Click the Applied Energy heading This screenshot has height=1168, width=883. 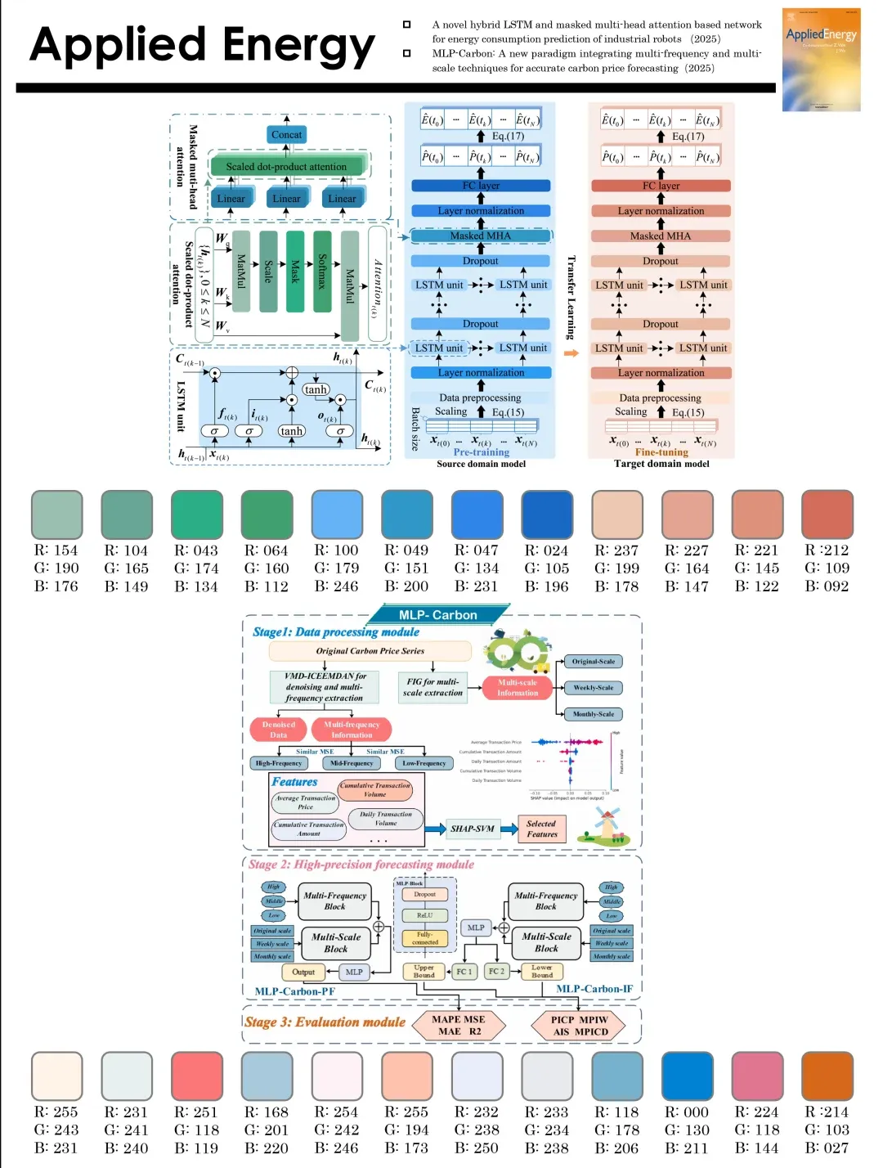coord(202,45)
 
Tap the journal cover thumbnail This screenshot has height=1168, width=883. coord(821,60)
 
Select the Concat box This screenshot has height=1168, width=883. coord(286,134)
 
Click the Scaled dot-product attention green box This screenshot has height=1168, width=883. coord(286,166)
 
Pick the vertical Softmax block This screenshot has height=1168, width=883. coord(322,271)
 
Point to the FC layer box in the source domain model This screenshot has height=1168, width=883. coord(481,186)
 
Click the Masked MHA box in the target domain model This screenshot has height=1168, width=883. coord(661,236)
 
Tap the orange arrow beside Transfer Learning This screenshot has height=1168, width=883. coord(571,353)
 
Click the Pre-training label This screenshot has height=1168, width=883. coord(481,451)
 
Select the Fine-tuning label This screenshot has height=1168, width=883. coord(661,451)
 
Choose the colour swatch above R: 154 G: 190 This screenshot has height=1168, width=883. coord(56,514)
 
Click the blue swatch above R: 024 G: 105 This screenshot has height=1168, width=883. coord(547,514)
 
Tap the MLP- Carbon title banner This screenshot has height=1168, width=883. coord(438,614)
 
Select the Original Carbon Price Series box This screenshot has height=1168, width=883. coord(370,651)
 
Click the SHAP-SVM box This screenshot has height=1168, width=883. coord(473,829)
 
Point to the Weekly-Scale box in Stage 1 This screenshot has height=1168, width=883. coord(594,688)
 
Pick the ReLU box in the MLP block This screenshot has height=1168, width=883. coord(425,915)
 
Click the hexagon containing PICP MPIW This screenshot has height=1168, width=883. coord(579,1026)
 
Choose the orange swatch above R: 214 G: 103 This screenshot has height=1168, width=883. coord(827,1076)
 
